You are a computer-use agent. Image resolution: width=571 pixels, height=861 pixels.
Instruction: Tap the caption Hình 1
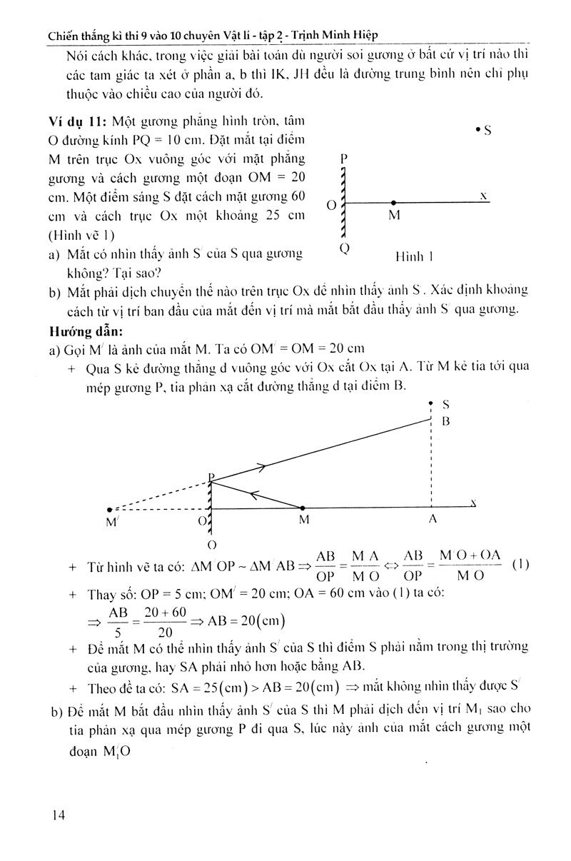coord(415,256)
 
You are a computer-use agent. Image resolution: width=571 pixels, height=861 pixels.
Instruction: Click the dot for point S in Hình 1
coord(477,129)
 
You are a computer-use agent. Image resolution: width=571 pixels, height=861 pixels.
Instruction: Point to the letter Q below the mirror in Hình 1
coord(345,249)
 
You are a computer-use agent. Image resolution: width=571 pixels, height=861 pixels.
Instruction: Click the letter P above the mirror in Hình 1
coord(344,158)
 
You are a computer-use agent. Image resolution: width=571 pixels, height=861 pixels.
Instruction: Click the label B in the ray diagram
coord(445,421)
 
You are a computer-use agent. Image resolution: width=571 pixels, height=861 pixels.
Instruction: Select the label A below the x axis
coord(432,520)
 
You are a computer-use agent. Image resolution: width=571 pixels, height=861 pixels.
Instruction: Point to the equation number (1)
coord(520,564)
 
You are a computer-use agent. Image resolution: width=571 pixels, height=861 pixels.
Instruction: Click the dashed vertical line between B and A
coord(432,464)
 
